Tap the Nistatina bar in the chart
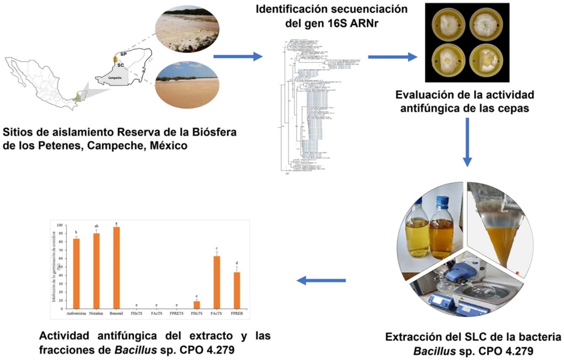[x=96, y=271]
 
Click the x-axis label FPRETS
[x=176, y=313]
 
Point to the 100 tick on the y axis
[x=59, y=225]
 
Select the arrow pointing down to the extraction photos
[x=467, y=142]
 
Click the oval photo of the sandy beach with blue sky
[x=187, y=84]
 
